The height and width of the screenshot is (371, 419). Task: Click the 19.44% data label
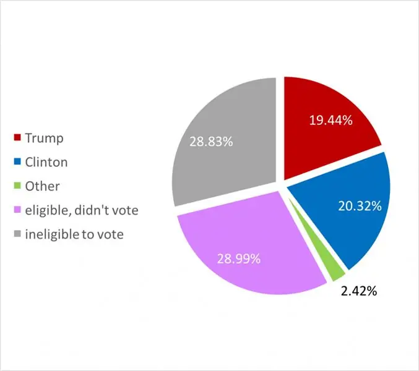[331, 121]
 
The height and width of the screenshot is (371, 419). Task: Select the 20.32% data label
[360, 207]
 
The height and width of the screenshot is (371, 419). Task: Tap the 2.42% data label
[359, 290]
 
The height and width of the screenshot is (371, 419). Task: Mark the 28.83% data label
[211, 142]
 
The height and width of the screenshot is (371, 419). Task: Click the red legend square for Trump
[17, 139]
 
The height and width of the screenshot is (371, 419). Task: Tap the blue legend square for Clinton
[17, 163]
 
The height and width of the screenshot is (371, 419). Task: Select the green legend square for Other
[17, 187]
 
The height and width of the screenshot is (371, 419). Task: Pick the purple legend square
[17, 211]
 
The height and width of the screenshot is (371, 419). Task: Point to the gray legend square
[17, 235]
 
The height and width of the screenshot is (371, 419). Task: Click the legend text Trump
[44, 139]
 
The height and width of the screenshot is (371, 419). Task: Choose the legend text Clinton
[46, 163]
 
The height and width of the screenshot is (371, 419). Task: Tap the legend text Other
[43, 187]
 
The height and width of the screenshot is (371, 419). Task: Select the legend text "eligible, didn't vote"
[82, 211]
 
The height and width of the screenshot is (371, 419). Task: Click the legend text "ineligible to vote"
[74, 235]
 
